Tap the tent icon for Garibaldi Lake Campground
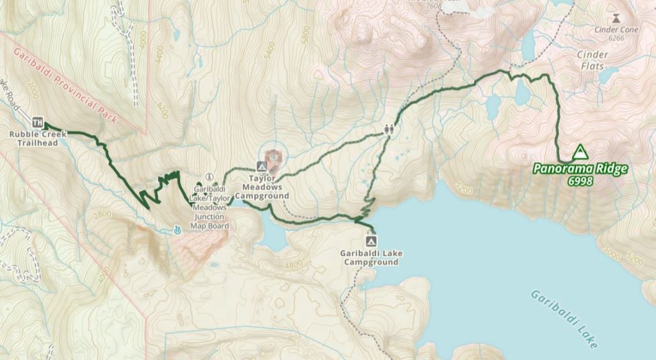pos(371,241)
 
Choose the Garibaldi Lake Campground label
pos(372,258)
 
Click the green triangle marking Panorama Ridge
pos(580,152)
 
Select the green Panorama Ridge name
pos(580,170)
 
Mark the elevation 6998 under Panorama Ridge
pos(580,182)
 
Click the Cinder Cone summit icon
pos(616,18)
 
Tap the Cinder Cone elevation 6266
pos(616,38)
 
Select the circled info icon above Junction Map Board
pos(208,177)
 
